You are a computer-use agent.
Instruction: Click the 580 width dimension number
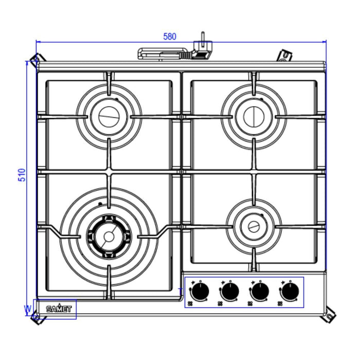170,37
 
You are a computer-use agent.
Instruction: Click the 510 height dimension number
22,175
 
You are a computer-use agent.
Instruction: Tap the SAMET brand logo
59,309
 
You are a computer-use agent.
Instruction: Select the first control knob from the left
201,292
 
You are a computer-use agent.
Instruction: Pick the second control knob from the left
230,292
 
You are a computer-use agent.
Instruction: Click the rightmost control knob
290,292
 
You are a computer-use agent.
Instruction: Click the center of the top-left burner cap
109,116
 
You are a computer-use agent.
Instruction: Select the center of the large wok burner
109,236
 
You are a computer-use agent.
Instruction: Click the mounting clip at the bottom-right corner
328,316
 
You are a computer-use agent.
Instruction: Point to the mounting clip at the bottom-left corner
36,318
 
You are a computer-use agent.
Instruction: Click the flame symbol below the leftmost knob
190,303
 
